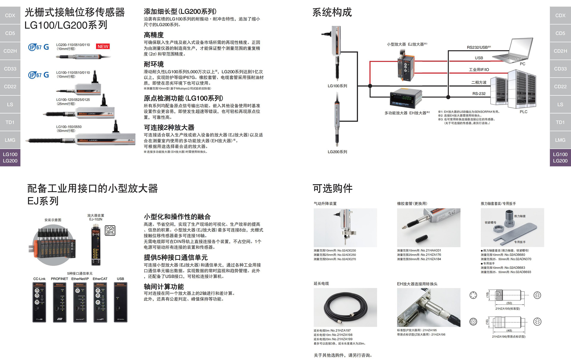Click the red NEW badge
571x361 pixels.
click(x=103, y=46)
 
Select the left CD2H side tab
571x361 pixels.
click(x=10, y=51)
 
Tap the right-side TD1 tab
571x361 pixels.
click(x=560, y=122)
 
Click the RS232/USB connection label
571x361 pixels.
click(x=479, y=47)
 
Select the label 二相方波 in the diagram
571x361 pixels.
click(x=479, y=83)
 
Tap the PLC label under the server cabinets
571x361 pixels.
click(x=523, y=112)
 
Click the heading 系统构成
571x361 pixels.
click(x=332, y=12)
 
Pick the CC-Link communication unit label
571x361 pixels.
click(x=39, y=279)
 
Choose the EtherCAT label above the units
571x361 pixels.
click(x=100, y=279)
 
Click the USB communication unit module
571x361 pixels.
click(x=120, y=302)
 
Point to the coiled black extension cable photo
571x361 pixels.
click(x=345, y=307)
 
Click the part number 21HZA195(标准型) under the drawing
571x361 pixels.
click(x=507, y=309)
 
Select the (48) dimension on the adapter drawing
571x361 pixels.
click(x=509, y=330)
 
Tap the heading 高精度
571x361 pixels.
click(x=154, y=35)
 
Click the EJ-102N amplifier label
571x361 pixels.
click(x=96, y=219)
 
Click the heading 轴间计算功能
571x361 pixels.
click(x=164, y=286)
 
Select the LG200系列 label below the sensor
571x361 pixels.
click(x=337, y=152)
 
